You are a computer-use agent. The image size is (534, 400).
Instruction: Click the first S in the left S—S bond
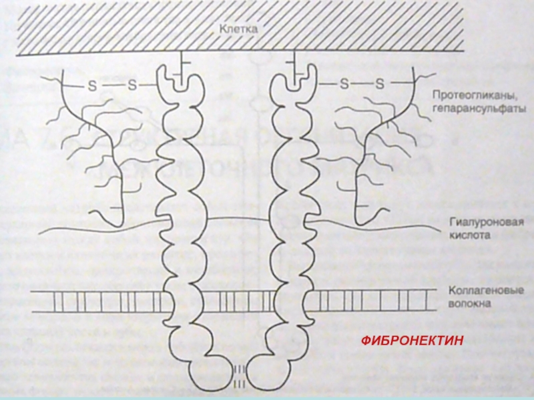[93, 85]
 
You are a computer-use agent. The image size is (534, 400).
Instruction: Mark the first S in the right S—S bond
[343, 84]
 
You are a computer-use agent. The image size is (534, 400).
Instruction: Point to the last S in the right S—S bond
[380, 84]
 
